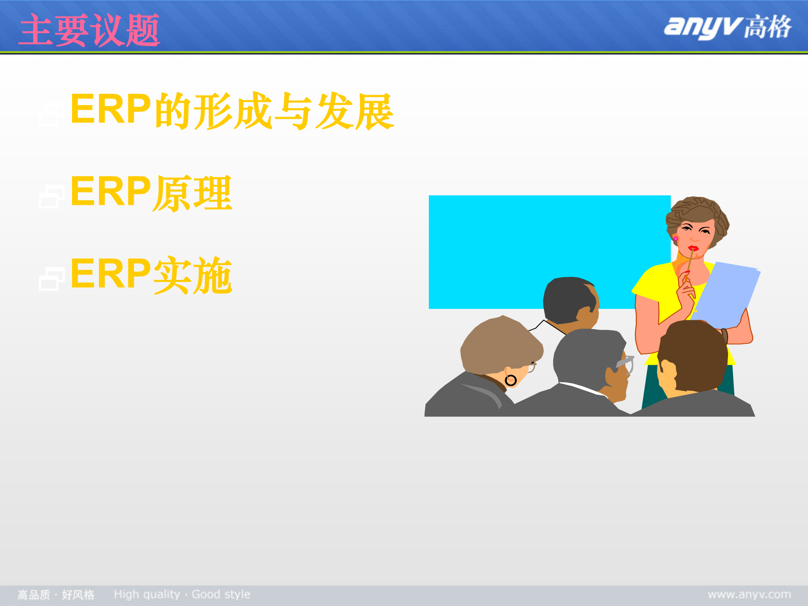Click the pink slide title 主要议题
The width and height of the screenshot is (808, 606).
point(89,30)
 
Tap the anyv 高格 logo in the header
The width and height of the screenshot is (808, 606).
point(727,28)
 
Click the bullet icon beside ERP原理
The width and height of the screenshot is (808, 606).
point(51,197)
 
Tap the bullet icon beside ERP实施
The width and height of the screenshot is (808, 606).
point(51,279)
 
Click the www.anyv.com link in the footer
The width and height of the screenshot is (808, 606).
point(749,594)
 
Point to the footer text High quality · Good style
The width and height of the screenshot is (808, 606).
point(182,594)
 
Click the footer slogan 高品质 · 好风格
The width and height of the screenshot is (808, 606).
point(56,595)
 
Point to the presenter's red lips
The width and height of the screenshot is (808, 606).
point(693,248)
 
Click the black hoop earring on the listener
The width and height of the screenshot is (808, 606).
point(510,380)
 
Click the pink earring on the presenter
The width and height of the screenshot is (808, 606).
point(676,239)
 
